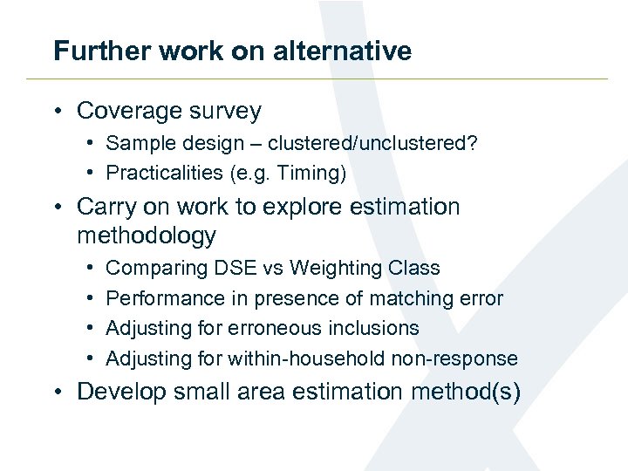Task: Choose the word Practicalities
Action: (x=164, y=173)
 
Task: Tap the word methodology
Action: (x=147, y=235)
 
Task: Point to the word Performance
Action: (x=165, y=298)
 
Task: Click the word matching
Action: (x=410, y=298)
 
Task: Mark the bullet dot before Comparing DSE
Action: (x=91, y=268)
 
